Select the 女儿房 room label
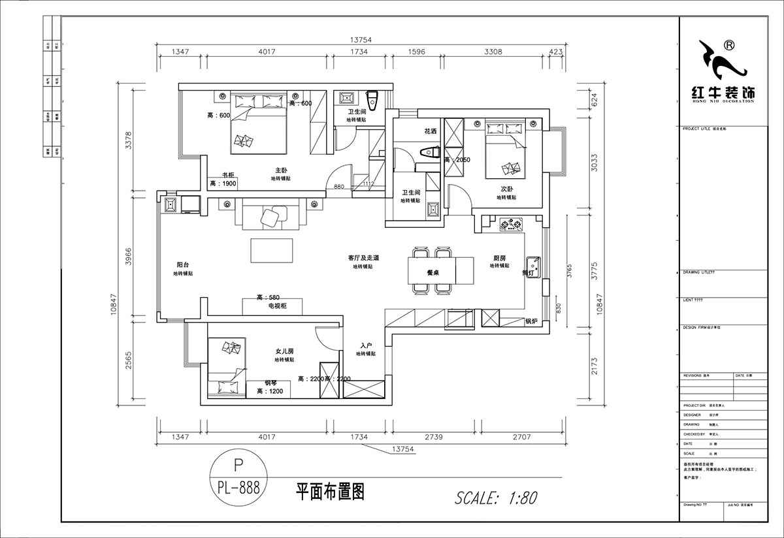[x=284, y=351]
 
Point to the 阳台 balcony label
[x=184, y=265]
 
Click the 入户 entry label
[x=366, y=345]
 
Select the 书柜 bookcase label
[x=228, y=175]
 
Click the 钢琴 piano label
[x=271, y=383]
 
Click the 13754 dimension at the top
[x=360, y=40]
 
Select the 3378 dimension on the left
[x=129, y=139]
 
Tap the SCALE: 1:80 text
[x=496, y=498]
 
